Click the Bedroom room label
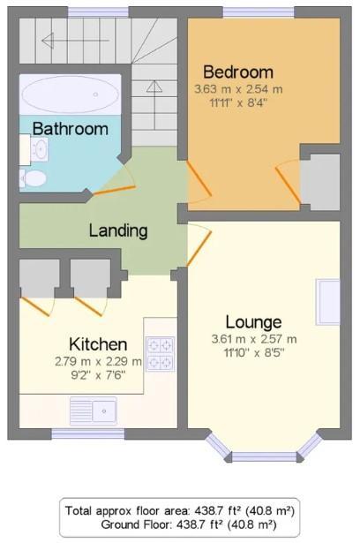pyautogui.click(x=238, y=72)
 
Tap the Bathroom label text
pyautogui.click(x=71, y=129)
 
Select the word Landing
pyautogui.click(x=118, y=231)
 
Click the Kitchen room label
pyautogui.click(x=98, y=344)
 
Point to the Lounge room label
pyautogui.click(x=254, y=322)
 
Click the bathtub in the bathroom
pyautogui.click(x=71, y=94)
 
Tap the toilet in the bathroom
pyautogui.click(x=33, y=178)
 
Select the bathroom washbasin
pyautogui.click(x=39, y=149)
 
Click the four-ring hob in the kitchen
pyautogui.click(x=161, y=354)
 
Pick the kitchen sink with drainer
pyautogui.click(x=94, y=411)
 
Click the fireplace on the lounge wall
pyautogui.click(x=328, y=302)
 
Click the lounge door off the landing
pyautogui.click(x=199, y=248)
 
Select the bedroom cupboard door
pyautogui.click(x=288, y=185)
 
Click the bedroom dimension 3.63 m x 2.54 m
pyautogui.click(x=238, y=89)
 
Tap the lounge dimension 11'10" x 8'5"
pyautogui.click(x=254, y=353)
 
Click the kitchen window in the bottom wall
pyautogui.click(x=88, y=434)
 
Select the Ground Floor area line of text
pyautogui.click(x=189, y=525)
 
